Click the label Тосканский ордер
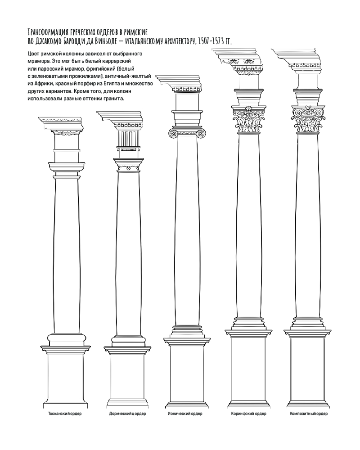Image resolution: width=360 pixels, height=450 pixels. click(65, 414)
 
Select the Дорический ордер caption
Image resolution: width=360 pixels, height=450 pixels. click(127, 414)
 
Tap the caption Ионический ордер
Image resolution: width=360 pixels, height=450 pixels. click(185, 414)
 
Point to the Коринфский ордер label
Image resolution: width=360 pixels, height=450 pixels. click(248, 414)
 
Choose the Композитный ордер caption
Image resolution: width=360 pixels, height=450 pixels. click(309, 414)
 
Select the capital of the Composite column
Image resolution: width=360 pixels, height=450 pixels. click(308, 120)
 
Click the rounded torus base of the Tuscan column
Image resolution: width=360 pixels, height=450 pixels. click(67, 340)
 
